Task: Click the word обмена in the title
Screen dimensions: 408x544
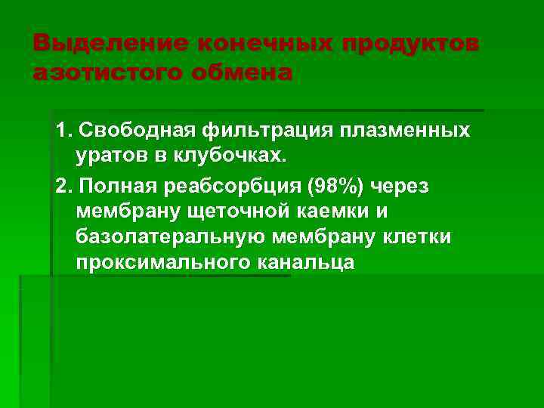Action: click(x=246, y=74)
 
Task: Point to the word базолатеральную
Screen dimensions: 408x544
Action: click(x=167, y=237)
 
